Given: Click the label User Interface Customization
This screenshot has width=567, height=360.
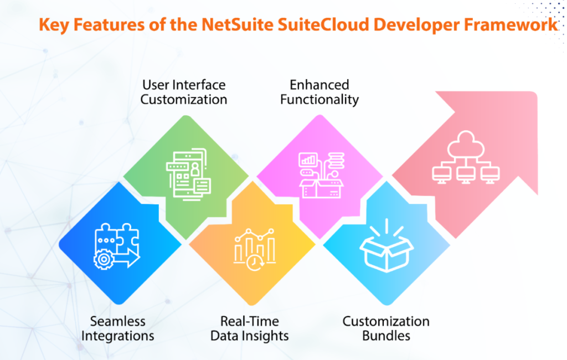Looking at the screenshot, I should coord(184,92).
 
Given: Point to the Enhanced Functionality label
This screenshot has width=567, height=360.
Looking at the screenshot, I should coord(319,92).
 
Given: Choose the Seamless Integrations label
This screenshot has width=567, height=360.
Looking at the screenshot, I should coord(118,328).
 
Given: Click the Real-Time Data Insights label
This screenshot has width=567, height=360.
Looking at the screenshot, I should coord(249,328).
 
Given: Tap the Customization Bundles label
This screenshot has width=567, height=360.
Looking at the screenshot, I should coord(386,328).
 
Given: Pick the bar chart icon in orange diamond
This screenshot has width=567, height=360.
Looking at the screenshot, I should coord(254,246).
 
